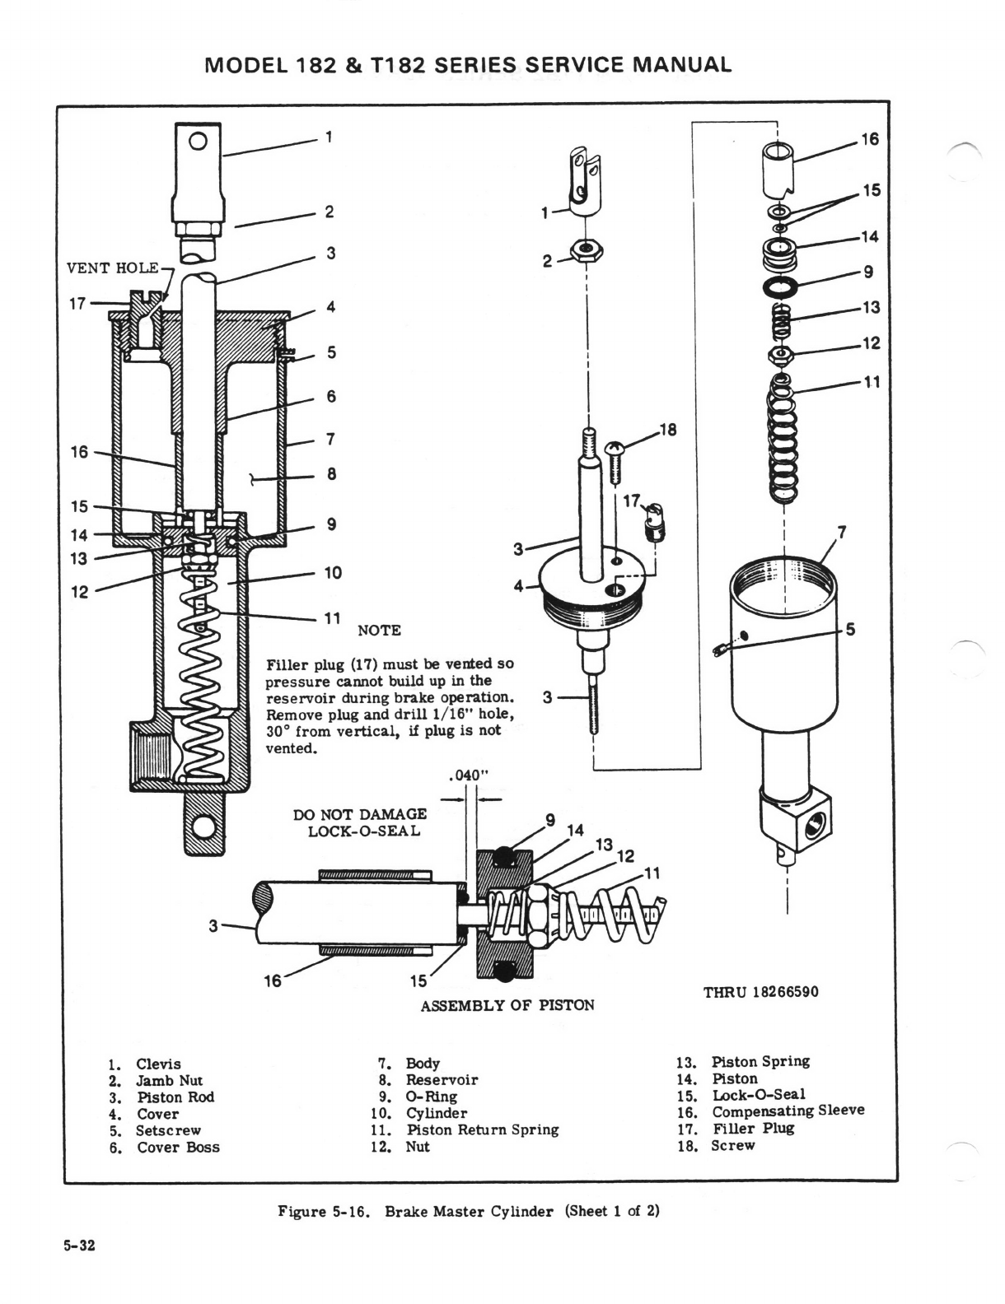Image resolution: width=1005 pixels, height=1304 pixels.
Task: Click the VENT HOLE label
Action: pyautogui.click(x=113, y=268)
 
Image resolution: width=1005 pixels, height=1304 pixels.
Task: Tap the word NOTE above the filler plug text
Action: pyautogui.click(x=379, y=631)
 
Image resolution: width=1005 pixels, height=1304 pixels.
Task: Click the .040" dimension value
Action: pyautogui.click(x=469, y=775)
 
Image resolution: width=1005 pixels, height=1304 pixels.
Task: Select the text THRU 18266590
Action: pyautogui.click(x=760, y=991)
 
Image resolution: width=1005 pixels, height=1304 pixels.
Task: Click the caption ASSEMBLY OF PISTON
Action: pyautogui.click(x=507, y=1005)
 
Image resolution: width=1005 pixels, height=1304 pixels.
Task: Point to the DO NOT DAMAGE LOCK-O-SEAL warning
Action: pyautogui.click(x=360, y=822)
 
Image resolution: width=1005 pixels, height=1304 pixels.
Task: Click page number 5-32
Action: pyautogui.click(x=79, y=1246)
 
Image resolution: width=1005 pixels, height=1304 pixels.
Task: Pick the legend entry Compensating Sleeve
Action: pyautogui.click(x=788, y=1111)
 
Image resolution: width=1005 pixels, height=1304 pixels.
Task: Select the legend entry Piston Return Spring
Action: pyautogui.click(x=482, y=1129)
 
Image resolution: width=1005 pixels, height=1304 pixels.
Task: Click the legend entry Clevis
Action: pyautogui.click(x=158, y=1064)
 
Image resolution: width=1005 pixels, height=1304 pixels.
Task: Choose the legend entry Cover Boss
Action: pyautogui.click(x=178, y=1147)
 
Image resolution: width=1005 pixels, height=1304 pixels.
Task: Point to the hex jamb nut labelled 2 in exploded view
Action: pyautogui.click(x=585, y=249)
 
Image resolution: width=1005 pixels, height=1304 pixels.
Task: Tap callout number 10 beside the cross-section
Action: pyautogui.click(x=333, y=573)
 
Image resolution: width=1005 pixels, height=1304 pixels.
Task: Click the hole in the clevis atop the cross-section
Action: pyautogui.click(x=198, y=140)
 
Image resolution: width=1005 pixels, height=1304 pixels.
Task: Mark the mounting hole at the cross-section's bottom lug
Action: pyautogui.click(x=203, y=826)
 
